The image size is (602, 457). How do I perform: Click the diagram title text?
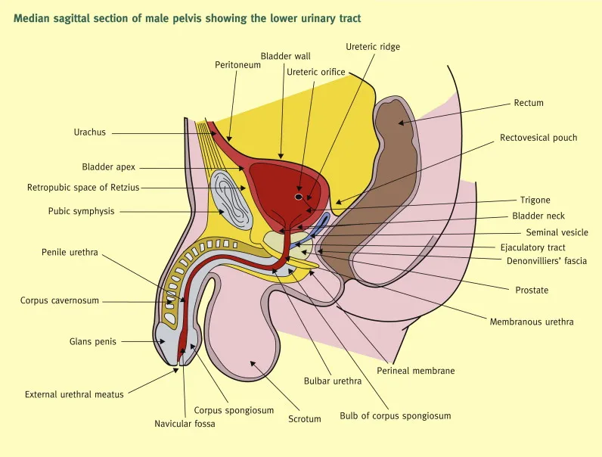pyautogui.click(x=188, y=19)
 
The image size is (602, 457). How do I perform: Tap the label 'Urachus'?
pyautogui.click(x=89, y=132)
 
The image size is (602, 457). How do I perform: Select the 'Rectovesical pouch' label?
pyautogui.click(x=538, y=138)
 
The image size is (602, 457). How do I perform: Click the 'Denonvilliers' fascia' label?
pyautogui.click(x=547, y=261)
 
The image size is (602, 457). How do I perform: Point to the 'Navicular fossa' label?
pyautogui.click(x=185, y=424)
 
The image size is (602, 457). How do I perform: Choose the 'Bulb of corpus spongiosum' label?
pyautogui.click(x=395, y=415)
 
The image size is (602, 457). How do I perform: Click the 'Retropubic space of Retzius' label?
pyautogui.click(x=83, y=187)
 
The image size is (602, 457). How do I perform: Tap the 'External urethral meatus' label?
pyautogui.click(x=74, y=394)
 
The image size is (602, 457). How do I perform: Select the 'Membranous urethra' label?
pyautogui.click(x=532, y=322)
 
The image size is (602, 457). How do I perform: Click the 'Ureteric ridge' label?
pyautogui.click(x=373, y=47)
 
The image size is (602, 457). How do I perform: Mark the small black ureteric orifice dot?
pyautogui.click(x=299, y=197)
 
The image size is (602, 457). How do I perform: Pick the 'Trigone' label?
pyautogui.click(x=535, y=201)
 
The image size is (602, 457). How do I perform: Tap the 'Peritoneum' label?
pyautogui.click(x=237, y=65)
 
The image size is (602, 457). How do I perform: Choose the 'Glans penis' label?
pyautogui.click(x=93, y=341)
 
